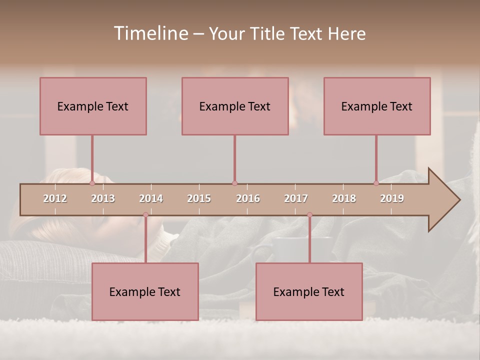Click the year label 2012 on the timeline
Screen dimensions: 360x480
coord(55,198)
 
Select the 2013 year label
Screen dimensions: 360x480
coord(103,198)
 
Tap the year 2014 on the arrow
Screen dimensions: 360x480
coord(151,198)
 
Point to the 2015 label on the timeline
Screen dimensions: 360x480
coord(199,198)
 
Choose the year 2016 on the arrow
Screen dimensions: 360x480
coord(248,198)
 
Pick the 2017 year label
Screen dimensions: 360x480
coord(296,198)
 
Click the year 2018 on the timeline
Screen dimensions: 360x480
coord(344,198)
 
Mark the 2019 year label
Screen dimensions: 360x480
coord(392,198)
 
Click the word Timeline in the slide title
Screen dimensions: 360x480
coord(149,33)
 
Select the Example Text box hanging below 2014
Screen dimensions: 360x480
coord(145,291)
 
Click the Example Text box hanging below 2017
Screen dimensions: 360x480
coord(309,291)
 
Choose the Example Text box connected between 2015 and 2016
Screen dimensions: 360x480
coord(235,106)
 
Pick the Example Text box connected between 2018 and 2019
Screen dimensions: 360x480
coord(377,106)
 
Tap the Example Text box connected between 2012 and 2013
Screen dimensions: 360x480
coord(93,106)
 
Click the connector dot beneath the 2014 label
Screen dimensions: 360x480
coord(145,215)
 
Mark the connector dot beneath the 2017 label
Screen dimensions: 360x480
coord(309,215)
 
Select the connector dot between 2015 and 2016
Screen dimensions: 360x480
coord(234,183)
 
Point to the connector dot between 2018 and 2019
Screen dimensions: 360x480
coord(376,183)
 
